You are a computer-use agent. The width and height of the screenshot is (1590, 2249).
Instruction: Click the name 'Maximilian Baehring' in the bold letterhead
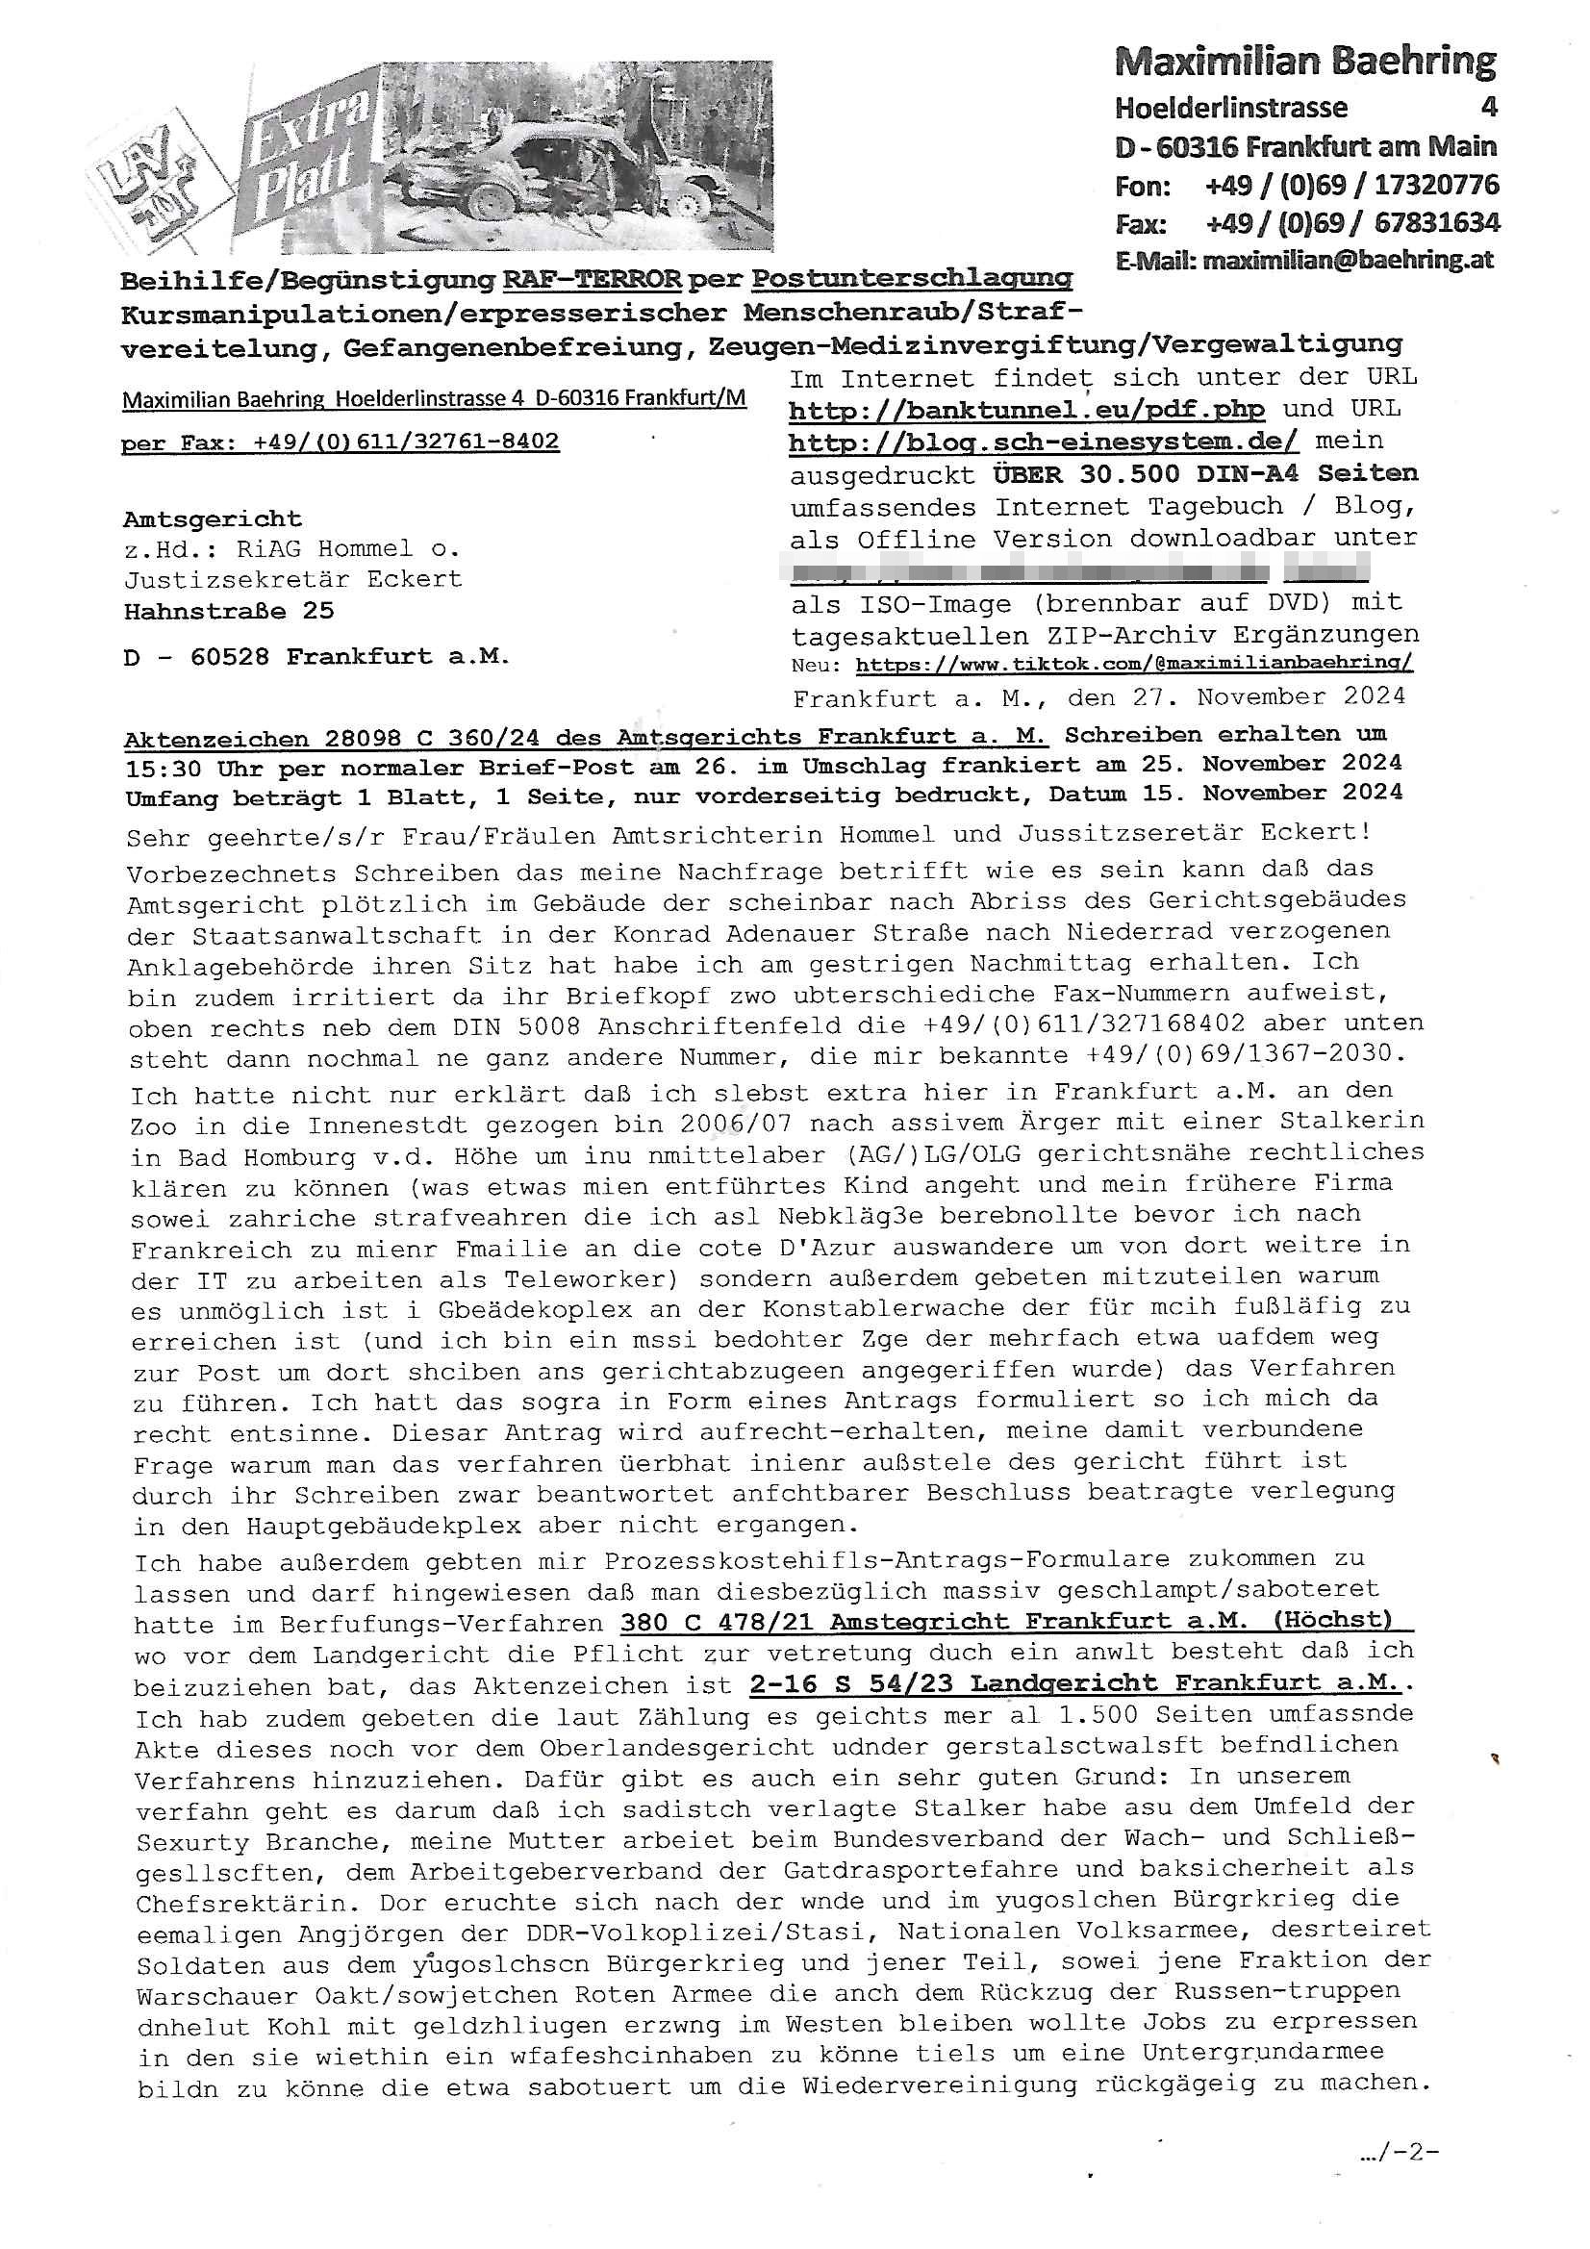pos(1305,63)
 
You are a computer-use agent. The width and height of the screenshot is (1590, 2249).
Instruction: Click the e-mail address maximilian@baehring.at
pos(1347,261)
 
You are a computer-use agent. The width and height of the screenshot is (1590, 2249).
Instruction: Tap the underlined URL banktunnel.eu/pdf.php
pos(1026,410)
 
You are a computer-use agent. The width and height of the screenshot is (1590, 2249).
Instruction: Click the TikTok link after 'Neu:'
pos(1133,664)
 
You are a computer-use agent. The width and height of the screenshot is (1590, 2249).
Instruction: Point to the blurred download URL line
pos(1077,570)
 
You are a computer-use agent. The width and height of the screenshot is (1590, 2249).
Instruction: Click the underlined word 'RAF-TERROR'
pos(592,280)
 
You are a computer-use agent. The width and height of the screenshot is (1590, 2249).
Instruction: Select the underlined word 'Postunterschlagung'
pos(911,280)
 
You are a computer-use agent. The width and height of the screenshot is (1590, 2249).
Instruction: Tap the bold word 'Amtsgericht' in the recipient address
pos(213,519)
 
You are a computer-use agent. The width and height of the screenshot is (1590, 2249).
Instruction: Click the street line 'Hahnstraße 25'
pos(228,611)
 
